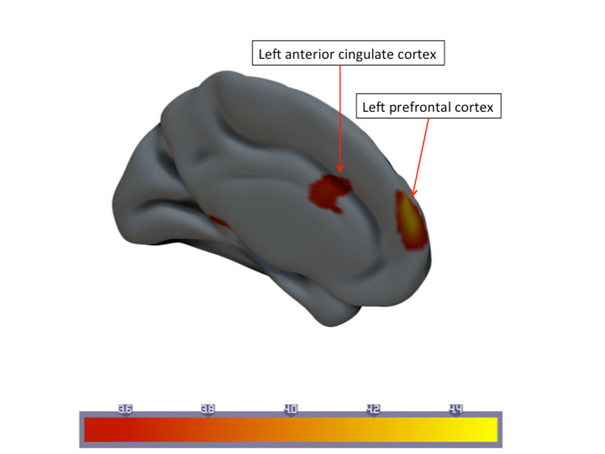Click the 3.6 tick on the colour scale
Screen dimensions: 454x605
pyautogui.click(x=126, y=409)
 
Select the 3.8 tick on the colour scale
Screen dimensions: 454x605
pyautogui.click(x=208, y=409)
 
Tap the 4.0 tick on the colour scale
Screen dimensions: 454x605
pyautogui.click(x=290, y=409)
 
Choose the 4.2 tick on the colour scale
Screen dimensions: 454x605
pyautogui.click(x=373, y=409)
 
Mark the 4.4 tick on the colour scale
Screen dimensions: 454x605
pyautogui.click(x=455, y=409)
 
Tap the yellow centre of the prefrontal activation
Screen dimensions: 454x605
pyautogui.click(x=409, y=217)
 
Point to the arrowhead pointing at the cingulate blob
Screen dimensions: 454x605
pyautogui.click(x=340, y=168)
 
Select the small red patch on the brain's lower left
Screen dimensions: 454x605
pyautogui.click(x=220, y=222)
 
